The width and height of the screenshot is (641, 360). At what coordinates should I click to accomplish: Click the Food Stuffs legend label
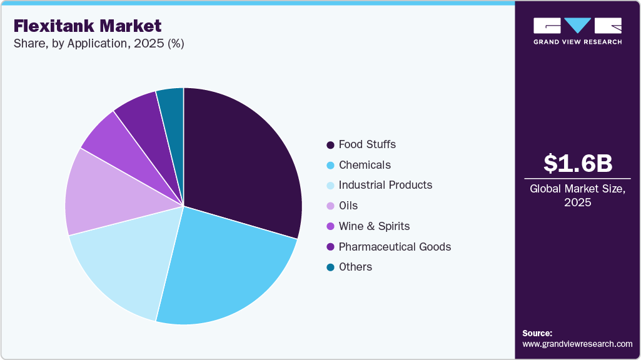pos(367,144)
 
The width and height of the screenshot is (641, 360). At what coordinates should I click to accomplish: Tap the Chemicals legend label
pos(365,165)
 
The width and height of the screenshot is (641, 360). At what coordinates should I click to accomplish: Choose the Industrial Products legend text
pos(385,185)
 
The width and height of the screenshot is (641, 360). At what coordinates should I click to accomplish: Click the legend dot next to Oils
pos(330,206)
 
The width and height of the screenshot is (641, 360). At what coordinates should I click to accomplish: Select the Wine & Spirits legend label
pos(374,226)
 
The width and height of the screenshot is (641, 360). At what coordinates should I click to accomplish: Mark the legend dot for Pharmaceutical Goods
pos(330,247)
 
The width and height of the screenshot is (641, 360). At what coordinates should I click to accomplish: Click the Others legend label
pos(355,267)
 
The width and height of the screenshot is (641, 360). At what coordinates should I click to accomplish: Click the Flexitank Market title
pos(88,26)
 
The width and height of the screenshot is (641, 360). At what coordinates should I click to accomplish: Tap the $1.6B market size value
pos(577,163)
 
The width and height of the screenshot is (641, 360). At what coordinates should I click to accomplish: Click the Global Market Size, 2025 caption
pos(577,195)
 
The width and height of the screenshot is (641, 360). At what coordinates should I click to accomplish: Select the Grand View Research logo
pos(577,31)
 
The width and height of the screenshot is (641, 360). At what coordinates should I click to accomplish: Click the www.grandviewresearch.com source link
pos(577,344)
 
